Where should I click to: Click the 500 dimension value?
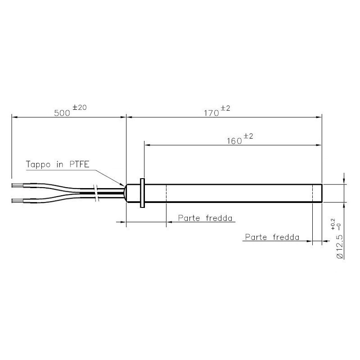tap(62, 113)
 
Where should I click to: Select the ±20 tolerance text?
tap(80, 108)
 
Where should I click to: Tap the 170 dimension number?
tap(211, 113)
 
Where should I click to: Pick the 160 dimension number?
tap(234, 141)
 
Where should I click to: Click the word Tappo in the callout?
tap(38, 165)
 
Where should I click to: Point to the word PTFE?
tap(79, 164)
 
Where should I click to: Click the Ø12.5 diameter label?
tap(340, 247)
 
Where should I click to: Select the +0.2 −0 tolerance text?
tap(335, 224)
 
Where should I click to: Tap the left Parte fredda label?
tap(205, 218)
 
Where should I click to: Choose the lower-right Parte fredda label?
tap(272, 237)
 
